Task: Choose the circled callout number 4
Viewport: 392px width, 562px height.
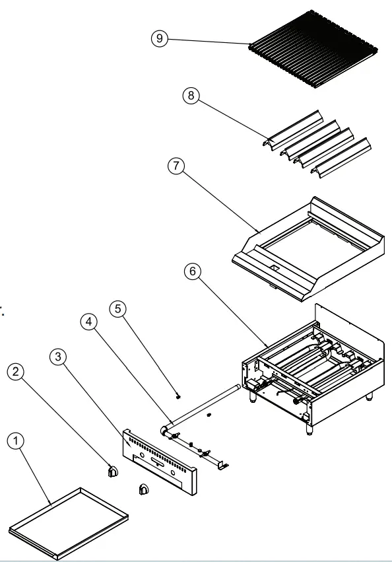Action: click(90, 322)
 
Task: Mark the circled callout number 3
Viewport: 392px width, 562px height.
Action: click(59, 357)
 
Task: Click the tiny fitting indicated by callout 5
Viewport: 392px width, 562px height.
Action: click(179, 398)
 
